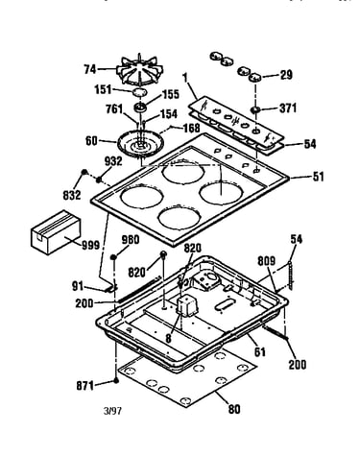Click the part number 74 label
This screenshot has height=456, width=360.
coord(89,69)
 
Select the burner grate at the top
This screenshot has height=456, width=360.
coord(139,70)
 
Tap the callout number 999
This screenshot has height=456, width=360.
coord(91,246)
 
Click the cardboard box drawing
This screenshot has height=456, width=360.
coord(56,232)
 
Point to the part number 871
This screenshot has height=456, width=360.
coord(85,386)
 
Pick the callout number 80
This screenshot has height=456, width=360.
coord(234,409)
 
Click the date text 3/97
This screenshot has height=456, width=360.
coord(112,411)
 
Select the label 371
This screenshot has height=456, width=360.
coord(288,108)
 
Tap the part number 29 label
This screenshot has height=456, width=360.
coord(286,75)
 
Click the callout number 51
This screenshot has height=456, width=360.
coord(318,177)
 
